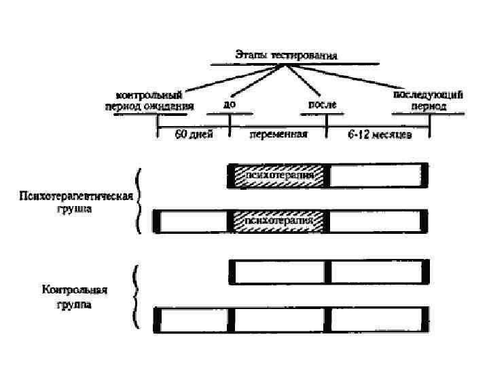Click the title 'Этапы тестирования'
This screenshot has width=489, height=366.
pos(285,55)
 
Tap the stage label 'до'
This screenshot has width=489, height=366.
pos(229,106)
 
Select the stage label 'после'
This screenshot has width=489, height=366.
pos(322,105)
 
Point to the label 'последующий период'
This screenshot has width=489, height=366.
pos(428,100)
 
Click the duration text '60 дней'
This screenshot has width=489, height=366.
pos(194,134)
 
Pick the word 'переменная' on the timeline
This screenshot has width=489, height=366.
pos(278,134)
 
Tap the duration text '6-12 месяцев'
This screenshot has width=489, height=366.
pos(379,134)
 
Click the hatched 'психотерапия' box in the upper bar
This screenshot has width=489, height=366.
pos(279,176)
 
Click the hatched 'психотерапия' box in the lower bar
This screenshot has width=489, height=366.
pos(279,221)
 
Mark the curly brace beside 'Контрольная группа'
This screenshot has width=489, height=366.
pos(135,297)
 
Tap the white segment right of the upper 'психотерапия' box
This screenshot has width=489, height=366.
pos(376,176)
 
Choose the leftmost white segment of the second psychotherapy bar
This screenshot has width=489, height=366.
pos(194,221)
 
